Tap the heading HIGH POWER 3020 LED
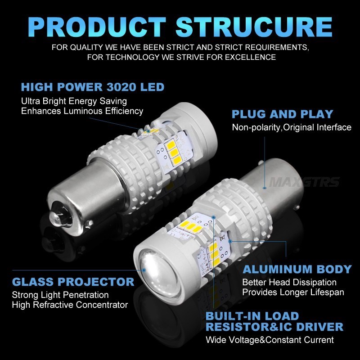tap(93, 87)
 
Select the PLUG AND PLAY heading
tap(282, 114)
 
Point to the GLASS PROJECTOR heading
tap(73, 282)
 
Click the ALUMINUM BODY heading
tap(297, 269)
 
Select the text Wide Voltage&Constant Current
tap(270, 340)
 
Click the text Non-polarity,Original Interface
tap(291, 127)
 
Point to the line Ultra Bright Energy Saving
tap(74, 101)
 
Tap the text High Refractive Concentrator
tap(70, 305)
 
